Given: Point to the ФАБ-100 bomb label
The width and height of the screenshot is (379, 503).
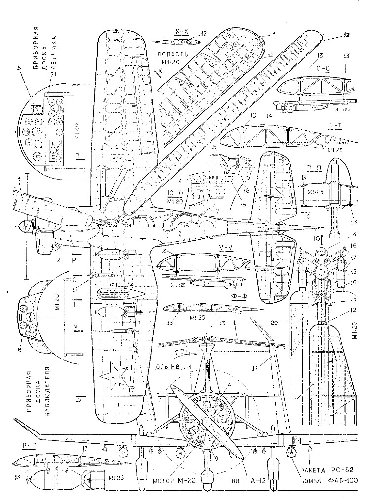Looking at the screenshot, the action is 338,481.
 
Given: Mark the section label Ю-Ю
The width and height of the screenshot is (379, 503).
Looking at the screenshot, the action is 175,194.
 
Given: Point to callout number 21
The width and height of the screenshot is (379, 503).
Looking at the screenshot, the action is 53,74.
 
